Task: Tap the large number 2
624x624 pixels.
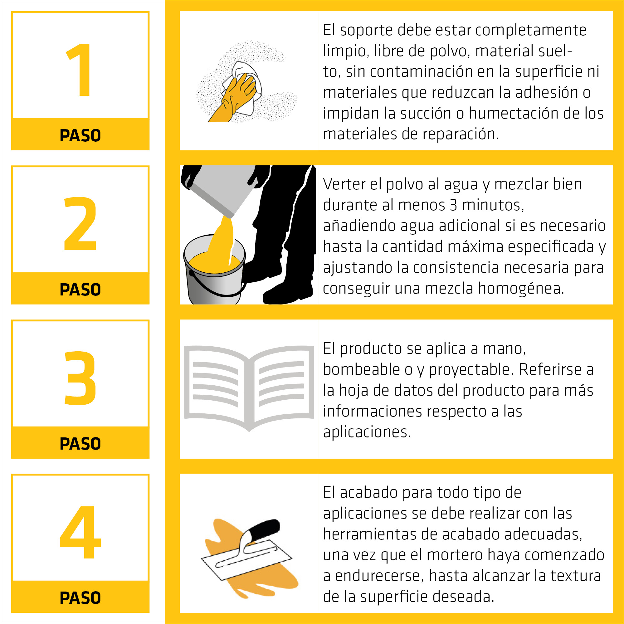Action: pos(80,223)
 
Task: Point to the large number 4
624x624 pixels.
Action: pos(80,532)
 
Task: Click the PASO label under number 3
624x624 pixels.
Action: pos(80,444)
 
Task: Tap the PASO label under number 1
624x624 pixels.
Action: pos(80,135)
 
